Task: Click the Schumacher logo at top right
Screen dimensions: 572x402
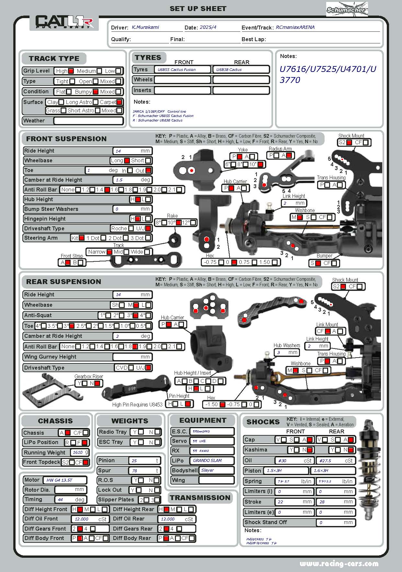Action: click(x=347, y=9)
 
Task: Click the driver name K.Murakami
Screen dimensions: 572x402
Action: click(x=145, y=27)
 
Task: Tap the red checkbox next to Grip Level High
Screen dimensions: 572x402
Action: click(x=71, y=71)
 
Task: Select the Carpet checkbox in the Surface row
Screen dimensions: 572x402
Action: click(x=119, y=102)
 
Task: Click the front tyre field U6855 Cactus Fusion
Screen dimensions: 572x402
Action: click(x=183, y=69)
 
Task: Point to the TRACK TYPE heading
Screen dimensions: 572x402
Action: click(x=54, y=59)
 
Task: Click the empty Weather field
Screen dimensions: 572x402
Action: click(x=88, y=121)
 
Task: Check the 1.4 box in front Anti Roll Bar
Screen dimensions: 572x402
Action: click(x=107, y=190)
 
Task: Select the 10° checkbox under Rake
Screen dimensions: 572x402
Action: click(x=178, y=223)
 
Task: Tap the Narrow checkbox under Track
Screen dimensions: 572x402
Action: click(x=109, y=252)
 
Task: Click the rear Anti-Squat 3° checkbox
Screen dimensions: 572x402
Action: click(x=136, y=315)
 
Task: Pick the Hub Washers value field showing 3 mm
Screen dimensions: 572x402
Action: click(x=287, y=352)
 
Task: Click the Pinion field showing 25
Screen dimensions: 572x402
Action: click(x=144, y=461)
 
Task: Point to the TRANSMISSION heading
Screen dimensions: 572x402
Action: click(x=200, y=498)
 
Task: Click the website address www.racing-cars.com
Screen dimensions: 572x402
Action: click(x=339, y=564)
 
